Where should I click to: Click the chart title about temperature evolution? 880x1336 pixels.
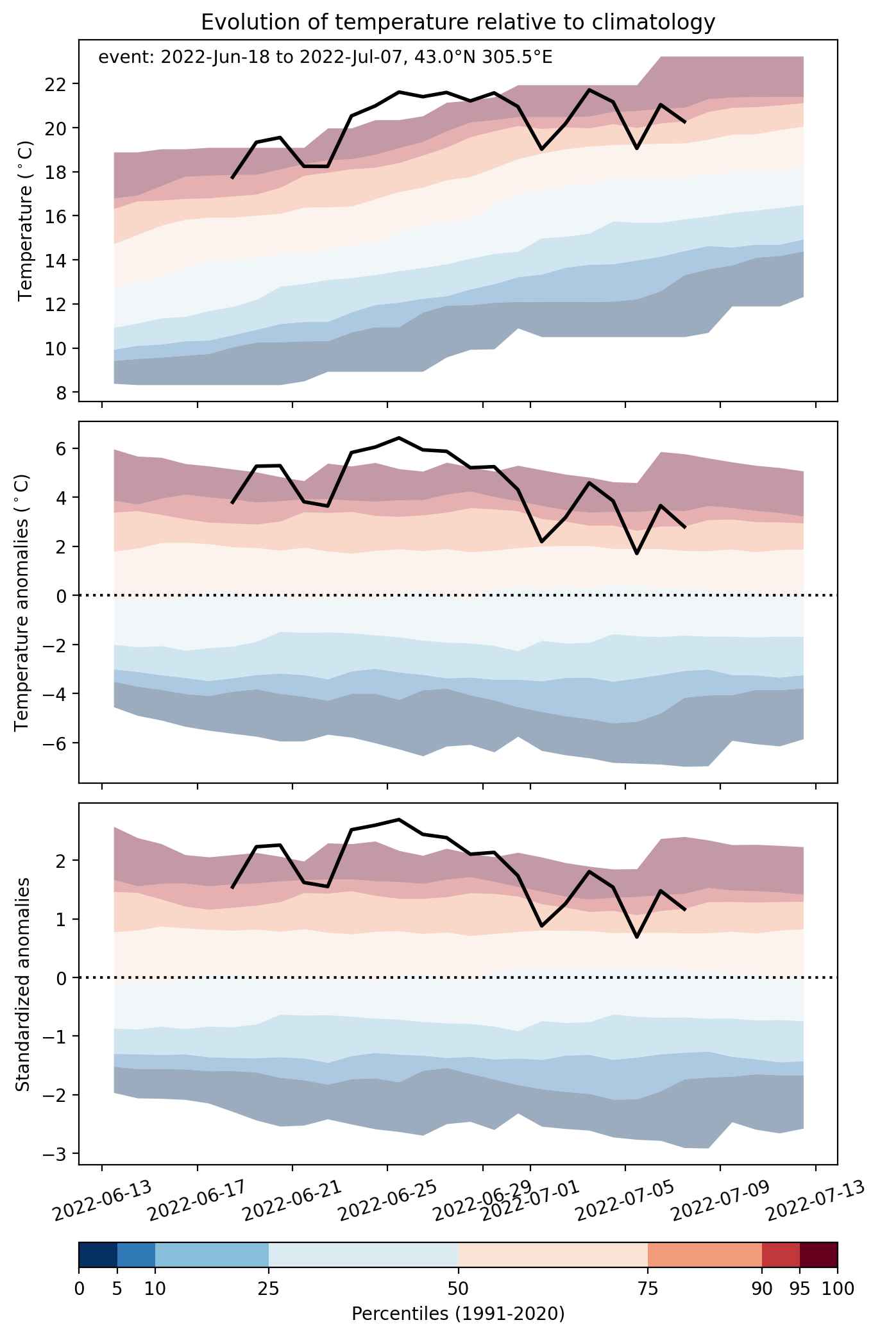pyautogui.click(x=457, y=22)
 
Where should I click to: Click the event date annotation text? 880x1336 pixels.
pyautogui.click(x=325, y=58)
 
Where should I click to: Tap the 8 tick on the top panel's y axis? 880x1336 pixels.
pyautogui.click(x=66, y=393)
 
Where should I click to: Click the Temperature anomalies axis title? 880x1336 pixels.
pyautogui.click(x=22, y=602)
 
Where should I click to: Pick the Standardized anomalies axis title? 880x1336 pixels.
pyautogui.click(x=22, y=983)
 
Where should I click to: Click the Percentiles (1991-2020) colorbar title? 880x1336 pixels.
pyautogui.click(x=458, y=1314)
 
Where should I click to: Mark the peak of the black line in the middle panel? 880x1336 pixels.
pyautogui.click(x=399, y=438)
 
